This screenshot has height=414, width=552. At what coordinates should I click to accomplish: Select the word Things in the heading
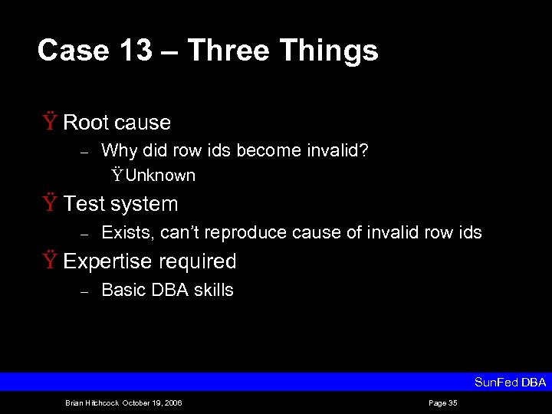coord(329,51)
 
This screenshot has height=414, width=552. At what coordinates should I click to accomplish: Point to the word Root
coord(85,123)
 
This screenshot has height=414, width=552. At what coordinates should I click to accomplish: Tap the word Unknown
coord(160,176)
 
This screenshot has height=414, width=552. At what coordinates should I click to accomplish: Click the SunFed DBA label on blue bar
coord(510,382)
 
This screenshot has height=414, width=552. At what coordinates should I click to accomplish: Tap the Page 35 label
coord(443,402)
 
